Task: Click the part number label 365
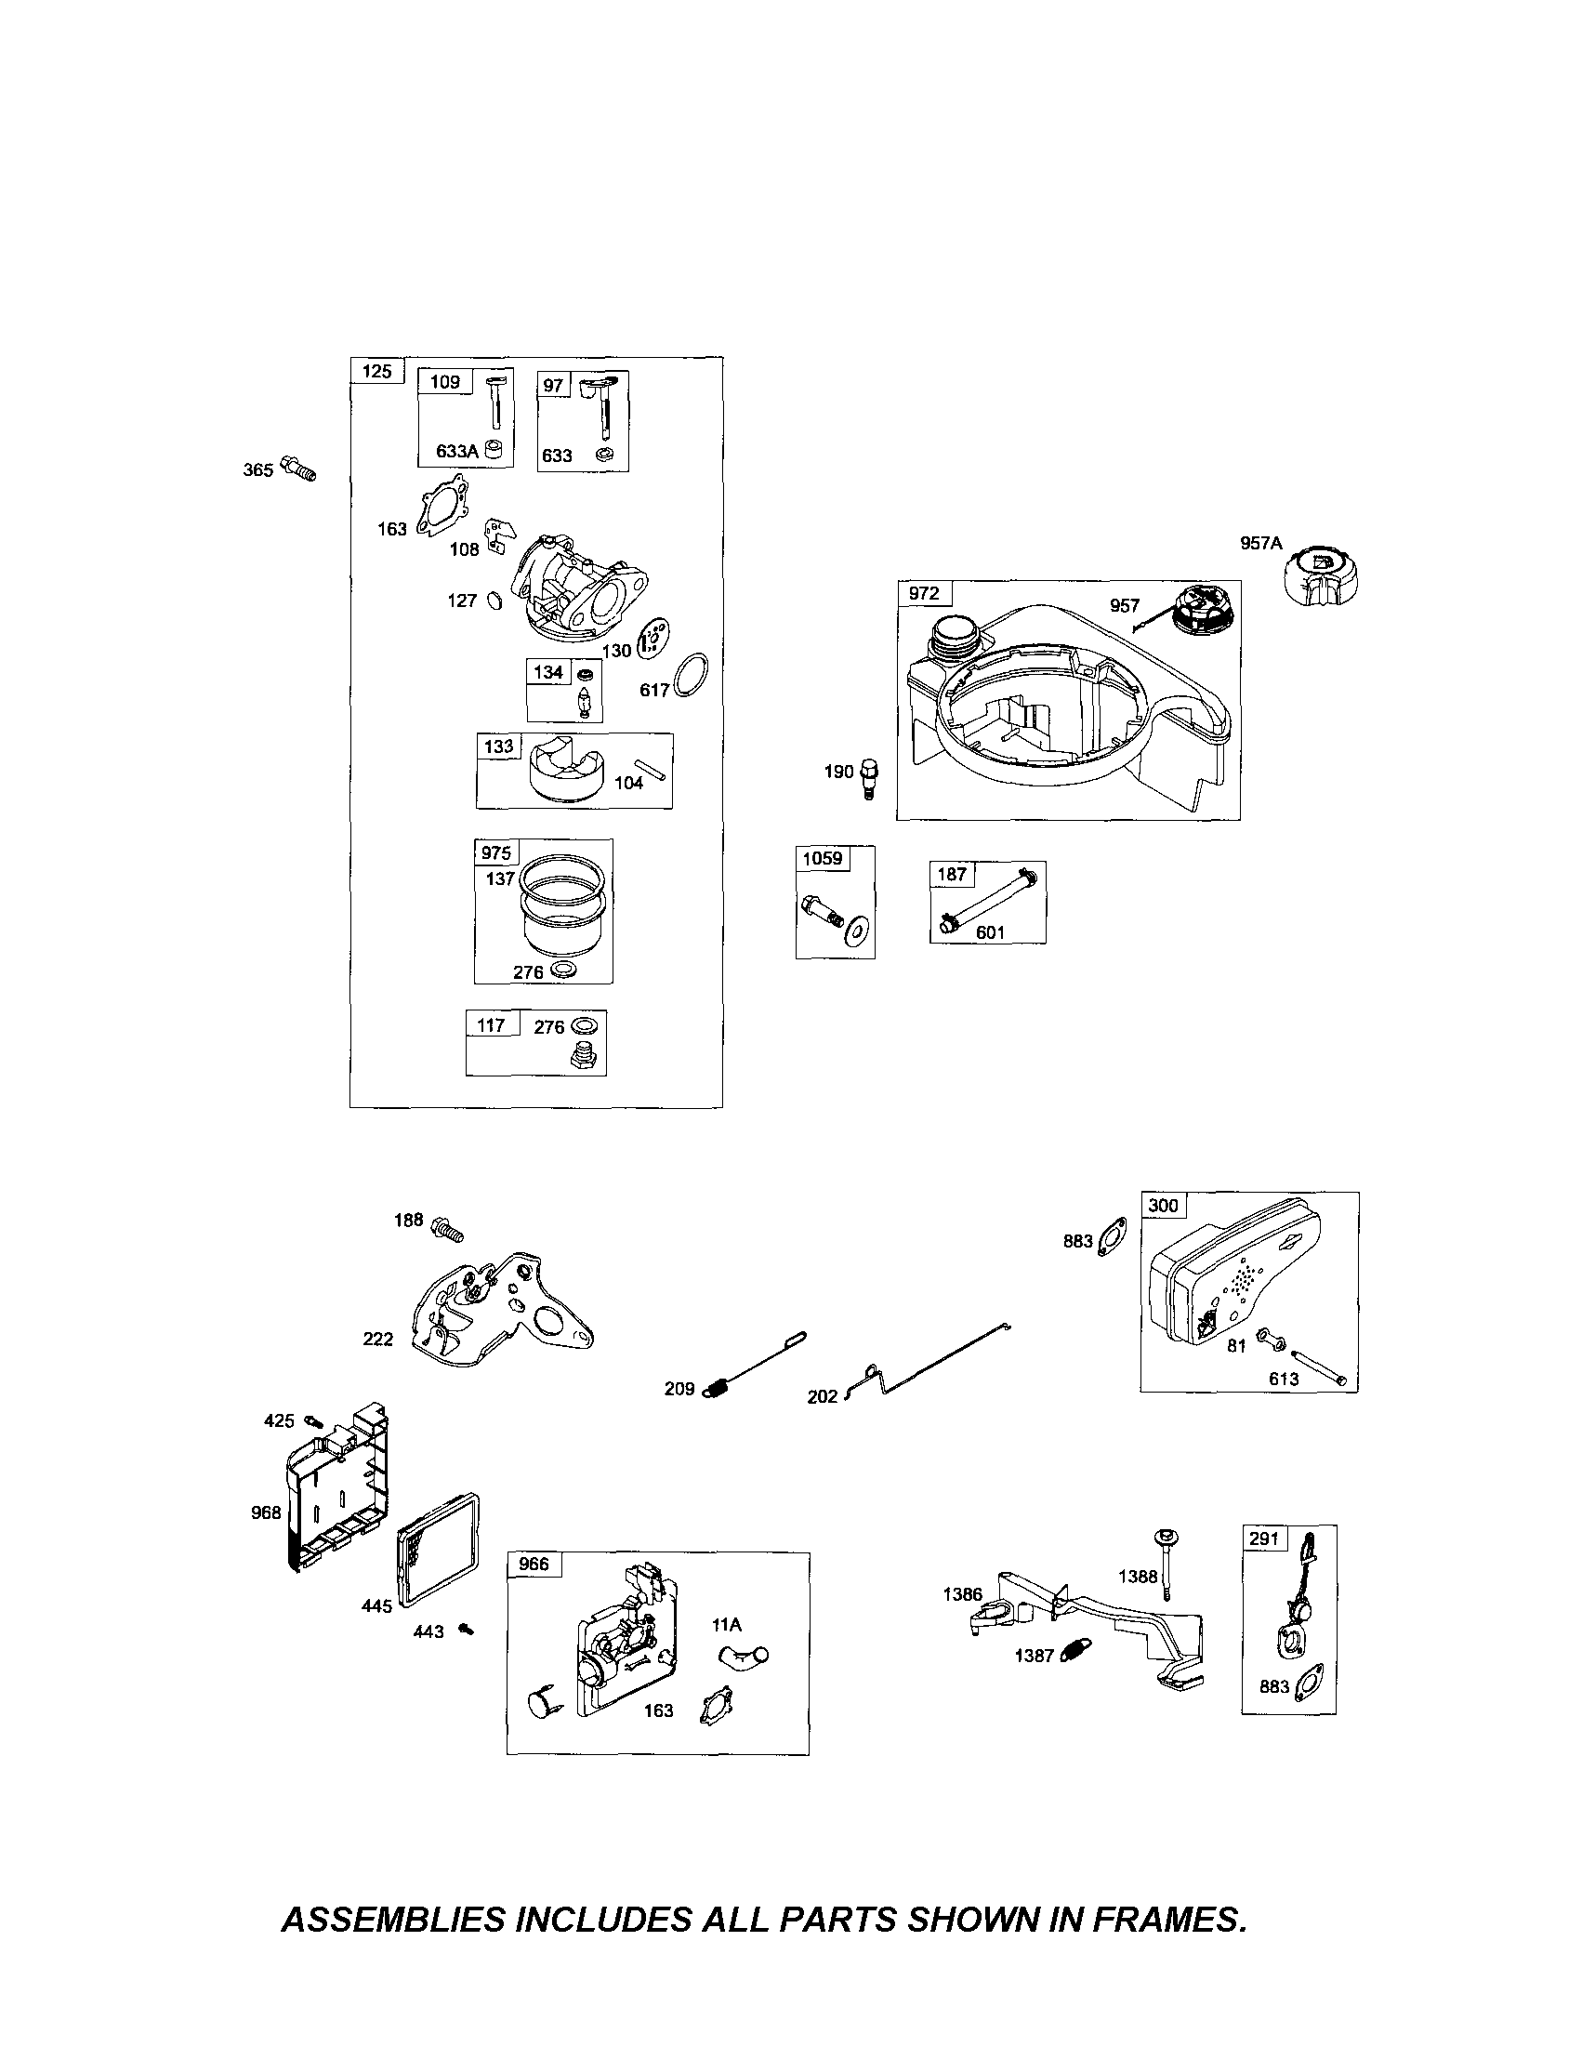[257, 469]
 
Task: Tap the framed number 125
[376, 371]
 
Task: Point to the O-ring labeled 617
[693, 674]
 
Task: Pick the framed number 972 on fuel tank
[923, 593]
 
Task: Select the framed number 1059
[823, 858]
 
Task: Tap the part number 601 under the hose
[991, 932]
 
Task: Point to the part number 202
[822, 1397]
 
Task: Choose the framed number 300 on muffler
[1163, 1206]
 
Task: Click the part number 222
[377, 1340]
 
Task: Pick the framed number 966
[534, 1564]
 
